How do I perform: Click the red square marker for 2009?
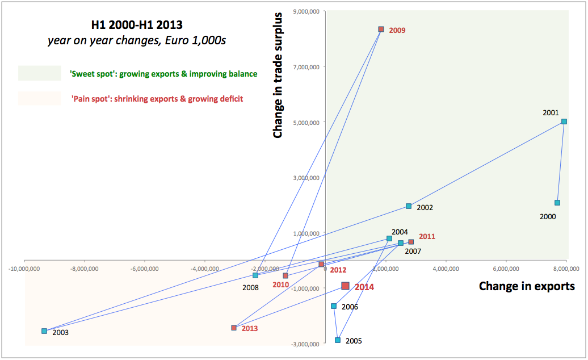[381, 29]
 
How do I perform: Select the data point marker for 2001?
[564, 122]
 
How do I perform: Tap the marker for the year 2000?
[557, 203]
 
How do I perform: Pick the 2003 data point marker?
[44, 331]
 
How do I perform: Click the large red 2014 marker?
[345, 286]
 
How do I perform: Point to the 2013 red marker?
[234, 328]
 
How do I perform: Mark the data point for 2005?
[338, 340]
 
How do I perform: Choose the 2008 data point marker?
[255, 275]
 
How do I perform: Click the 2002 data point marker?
[409, 206]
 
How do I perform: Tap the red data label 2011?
[427, 236]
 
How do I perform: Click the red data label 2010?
[280, 284]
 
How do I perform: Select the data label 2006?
[350, 307]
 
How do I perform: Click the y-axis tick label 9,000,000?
[305, 11]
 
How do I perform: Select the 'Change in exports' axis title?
[527, 286]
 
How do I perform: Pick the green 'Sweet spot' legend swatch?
[39, 73]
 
